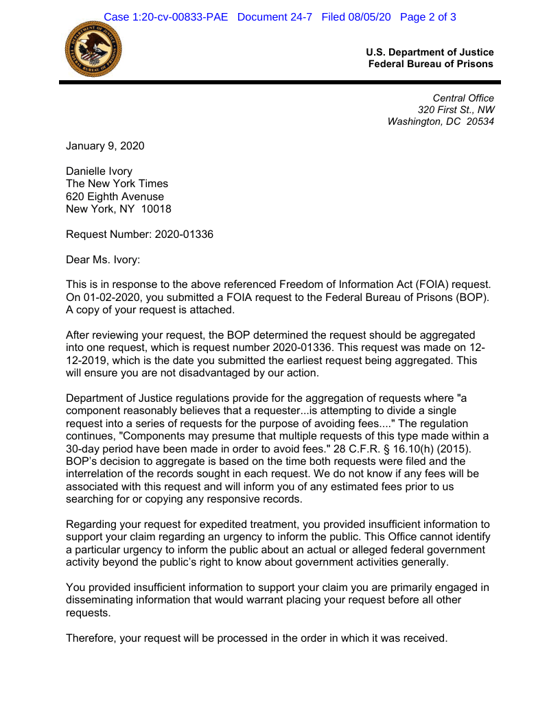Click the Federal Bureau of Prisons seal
tap(93, 49)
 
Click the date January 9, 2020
tap(105, 145)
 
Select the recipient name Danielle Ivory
tap(99, 171)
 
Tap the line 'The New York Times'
tap(117, 184)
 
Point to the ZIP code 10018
tap(156, 209)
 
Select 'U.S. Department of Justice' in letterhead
tap(430, 52)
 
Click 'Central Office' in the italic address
tap(463, 98)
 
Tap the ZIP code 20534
tap(479, 122)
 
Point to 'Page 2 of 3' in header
tap(428, 17)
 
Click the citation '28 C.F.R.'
tap(356, 449)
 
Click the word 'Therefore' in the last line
tap(91, 638)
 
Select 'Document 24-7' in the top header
tap(275, 17)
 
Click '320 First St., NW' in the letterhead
tap(456, 110)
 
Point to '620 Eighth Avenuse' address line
tap(115, 197)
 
